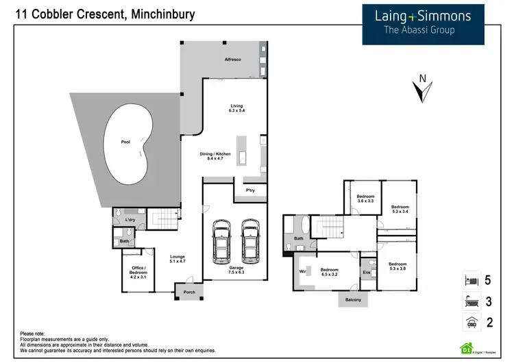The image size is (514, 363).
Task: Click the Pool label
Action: click(125, 142)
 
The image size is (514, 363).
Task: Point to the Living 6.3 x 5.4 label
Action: click(236, 108)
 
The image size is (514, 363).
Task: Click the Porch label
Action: click(189, 292)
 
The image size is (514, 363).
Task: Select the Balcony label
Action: click(354, 300)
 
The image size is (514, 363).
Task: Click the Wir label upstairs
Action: click(303, 272)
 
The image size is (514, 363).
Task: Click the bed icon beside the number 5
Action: click(470, 280)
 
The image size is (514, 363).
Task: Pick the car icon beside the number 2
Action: click(470, 323)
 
